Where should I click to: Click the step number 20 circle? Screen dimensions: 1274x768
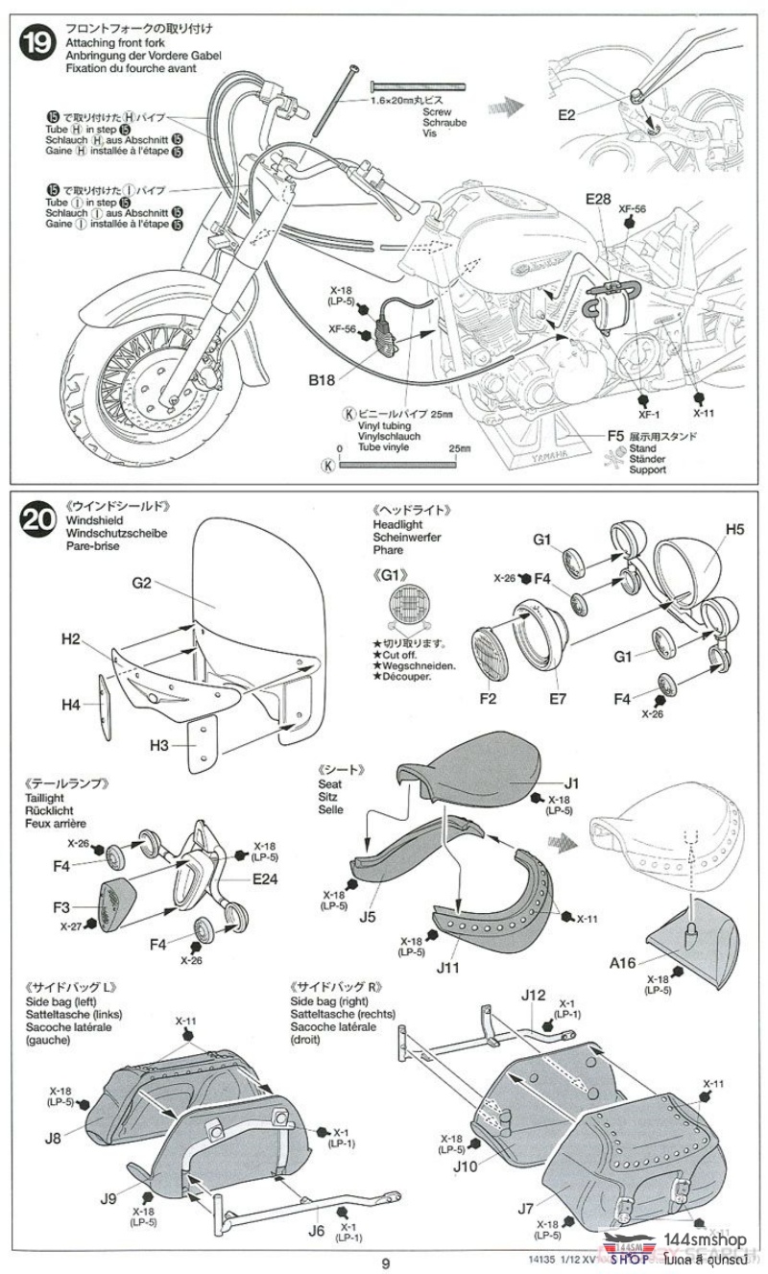(40, 520)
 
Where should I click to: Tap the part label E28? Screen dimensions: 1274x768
(597, 199)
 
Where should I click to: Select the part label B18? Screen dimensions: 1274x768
(322, 381)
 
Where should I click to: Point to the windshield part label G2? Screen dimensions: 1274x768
(143, 583)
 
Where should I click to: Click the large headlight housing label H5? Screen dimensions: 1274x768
(734, 529)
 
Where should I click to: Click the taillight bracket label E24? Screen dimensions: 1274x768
(266, 878)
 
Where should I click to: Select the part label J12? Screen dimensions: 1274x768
(535, 995)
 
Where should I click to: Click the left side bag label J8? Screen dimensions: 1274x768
(53, 1139)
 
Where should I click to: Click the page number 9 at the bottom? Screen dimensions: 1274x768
(384, 1262)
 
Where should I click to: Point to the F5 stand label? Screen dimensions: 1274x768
(615, 435)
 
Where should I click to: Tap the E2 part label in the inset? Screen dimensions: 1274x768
(565, 115)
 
